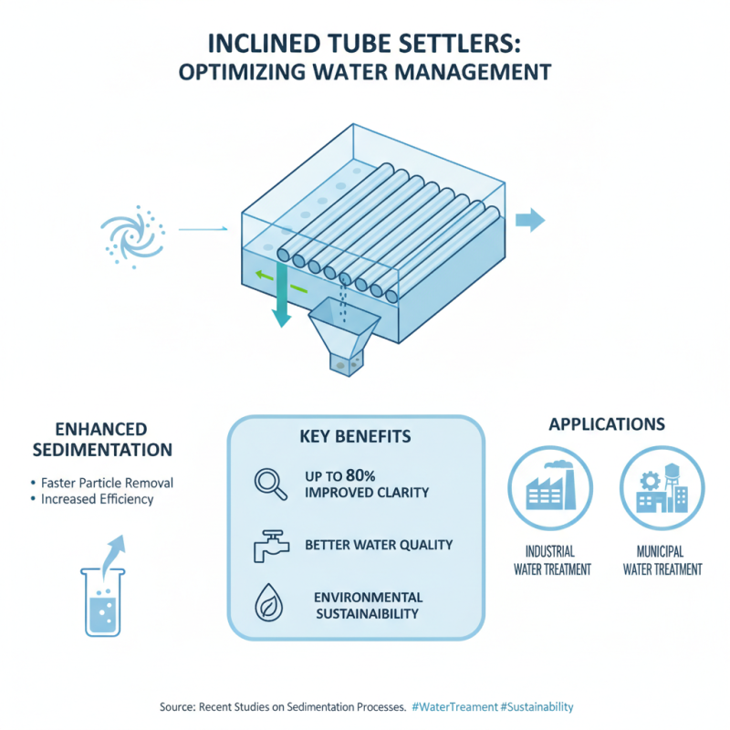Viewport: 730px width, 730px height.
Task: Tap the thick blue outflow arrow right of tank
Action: tap(530, 220)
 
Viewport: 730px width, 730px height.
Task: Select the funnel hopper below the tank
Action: tap(344, 336)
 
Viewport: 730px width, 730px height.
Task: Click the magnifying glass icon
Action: tap(270, 485)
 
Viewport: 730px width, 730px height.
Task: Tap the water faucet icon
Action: tap(271, 546)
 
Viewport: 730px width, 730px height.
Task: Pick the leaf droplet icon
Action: tap(269, 602)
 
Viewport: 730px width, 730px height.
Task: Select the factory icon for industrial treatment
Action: tap(550, 488)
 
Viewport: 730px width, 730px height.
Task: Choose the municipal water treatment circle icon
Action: tap(662, 488)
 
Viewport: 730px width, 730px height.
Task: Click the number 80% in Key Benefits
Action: tap(360, 475)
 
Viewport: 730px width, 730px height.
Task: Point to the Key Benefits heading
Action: tap(355, 436)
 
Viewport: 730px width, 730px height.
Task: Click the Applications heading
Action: tap(607, 424)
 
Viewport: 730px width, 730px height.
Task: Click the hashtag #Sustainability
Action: tap(537, 706)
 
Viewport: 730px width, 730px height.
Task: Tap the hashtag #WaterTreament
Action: tap(454, 706)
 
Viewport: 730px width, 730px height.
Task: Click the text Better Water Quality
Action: tap(379, 545)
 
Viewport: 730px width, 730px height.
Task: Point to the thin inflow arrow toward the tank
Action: tap(203, 229)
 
